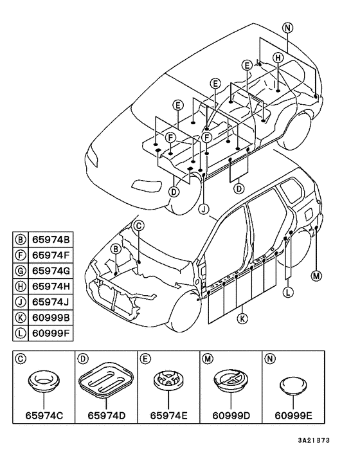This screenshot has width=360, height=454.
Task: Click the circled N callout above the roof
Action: pyautogui.click(x=287, y=28)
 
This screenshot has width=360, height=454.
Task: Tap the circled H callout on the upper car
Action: pyautogui.click(x=278, y=58)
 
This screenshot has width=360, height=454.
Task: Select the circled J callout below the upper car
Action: pyautogui.click(x=204, y=208)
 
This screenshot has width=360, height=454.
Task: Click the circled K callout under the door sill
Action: pyautogui.click(x=242, y=319)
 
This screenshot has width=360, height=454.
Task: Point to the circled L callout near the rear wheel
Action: pyautogui.click(x=287, y=292)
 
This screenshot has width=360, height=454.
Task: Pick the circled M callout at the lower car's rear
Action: pyautogui.click(x=316, y=276)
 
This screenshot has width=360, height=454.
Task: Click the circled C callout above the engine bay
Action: pyautogui.click(x=139, y=226)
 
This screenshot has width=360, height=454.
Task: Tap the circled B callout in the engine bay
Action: pyautogui.click(x=116, y=249)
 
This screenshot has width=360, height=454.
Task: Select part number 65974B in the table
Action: pyautogui.click(x=51, y=240)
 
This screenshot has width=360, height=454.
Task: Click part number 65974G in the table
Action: pyautogui.click(x=51, y=271)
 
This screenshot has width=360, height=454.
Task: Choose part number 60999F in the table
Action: pyautogui.click(x=51, y=333)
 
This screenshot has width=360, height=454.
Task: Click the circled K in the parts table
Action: pyautogui.click(x=21, y=318)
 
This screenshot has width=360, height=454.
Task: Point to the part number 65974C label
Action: pyautogui.click(x=44, y=416)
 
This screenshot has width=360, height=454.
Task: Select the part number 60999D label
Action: pyautogui.click(x=231, y=416)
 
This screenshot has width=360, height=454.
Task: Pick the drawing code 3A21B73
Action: pyautogui.click(x=314, y=440)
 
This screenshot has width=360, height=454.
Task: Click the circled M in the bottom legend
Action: pyautogui.click(x=208, y=359)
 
